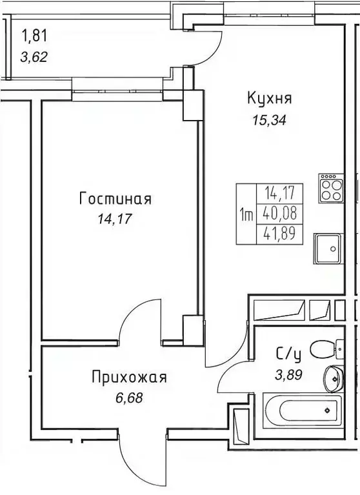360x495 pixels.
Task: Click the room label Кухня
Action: click(269, 99)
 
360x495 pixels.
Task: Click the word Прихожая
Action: click(130, 377)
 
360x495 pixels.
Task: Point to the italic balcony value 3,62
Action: click(34, 56)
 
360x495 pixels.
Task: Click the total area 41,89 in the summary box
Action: click(278, 234)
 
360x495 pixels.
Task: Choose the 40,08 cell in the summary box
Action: click(278, 214)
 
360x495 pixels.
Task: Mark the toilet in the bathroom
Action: click(326, 350)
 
